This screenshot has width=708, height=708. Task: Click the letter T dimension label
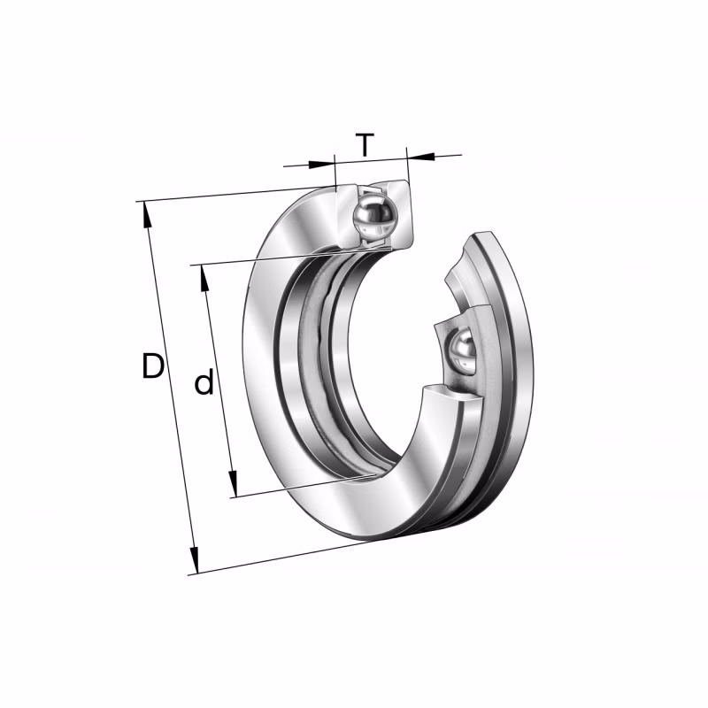[x=365, y=144]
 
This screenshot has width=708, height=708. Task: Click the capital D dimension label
[x=152, y=366]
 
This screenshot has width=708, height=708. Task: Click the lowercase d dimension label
[x=204, y=382]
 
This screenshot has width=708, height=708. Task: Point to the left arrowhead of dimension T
[x=322, y=164]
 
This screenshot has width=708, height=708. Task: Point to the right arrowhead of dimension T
[x=421, y=157]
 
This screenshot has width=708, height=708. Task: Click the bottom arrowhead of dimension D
[x=194, y=560]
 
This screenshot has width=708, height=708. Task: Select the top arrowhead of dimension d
[x=204, y=278]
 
